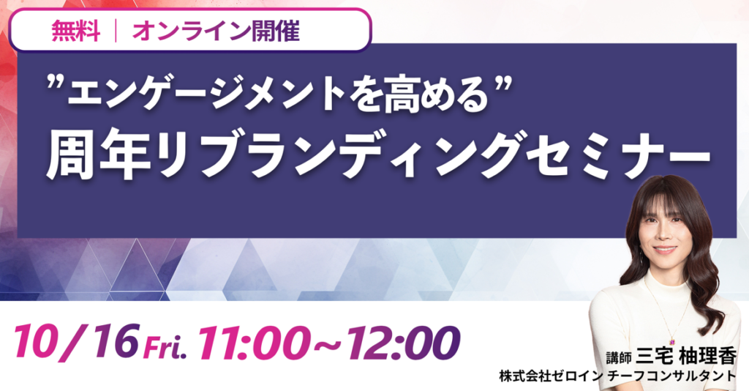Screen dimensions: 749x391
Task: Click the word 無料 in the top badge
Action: pyautogui.click(x=76, y=31)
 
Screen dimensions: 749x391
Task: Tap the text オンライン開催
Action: pyautogui.click(x=216, y=31)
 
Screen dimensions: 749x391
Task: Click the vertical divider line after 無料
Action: pyautogui.click(x=116, y=31)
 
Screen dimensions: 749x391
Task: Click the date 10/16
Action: pyautogui.click(x=77, y=340)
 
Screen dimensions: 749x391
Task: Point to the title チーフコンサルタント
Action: pyautogui.click(x=671, y=376)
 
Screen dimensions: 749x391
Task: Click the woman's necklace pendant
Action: pyautogui.click(x=671, y=341)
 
